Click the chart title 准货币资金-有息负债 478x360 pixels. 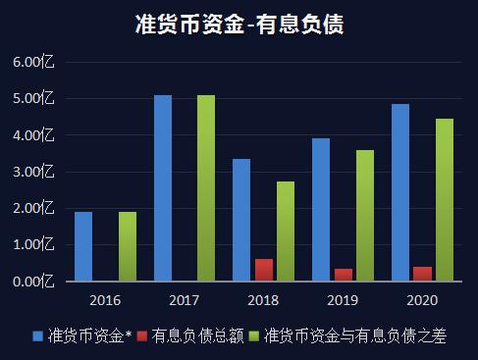(239, 25)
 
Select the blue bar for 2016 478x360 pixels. (83, 246)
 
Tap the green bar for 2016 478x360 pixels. (128, 246)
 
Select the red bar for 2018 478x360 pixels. (264, 271)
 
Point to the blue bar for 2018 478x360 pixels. (241, 220)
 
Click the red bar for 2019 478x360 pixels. (344, 275)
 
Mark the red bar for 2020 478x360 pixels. (423, 274)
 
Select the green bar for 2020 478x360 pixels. (445, 200)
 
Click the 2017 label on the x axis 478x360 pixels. (185, 299)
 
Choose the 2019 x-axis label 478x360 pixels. (344, 299)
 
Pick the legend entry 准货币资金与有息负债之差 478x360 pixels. (353, 336)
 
